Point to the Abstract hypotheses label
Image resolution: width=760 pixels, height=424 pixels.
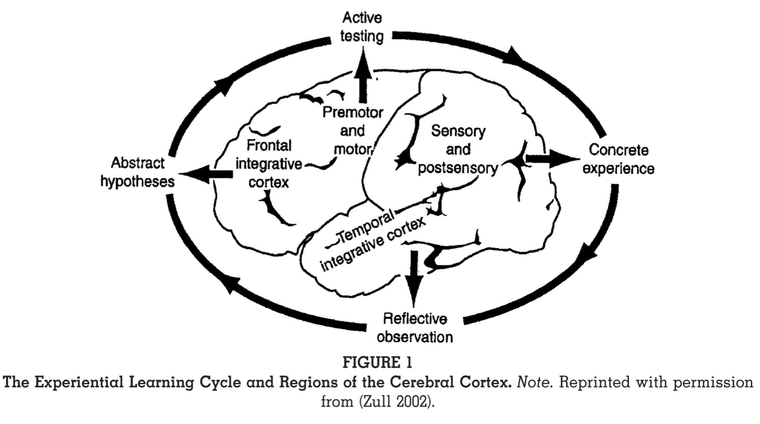click(137, 172)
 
